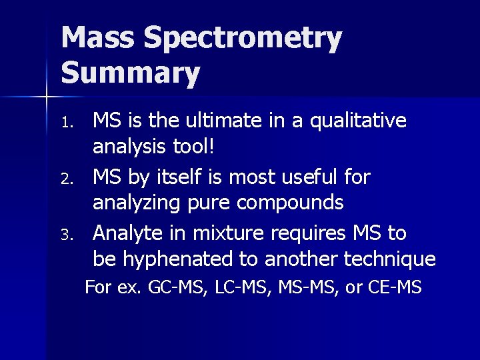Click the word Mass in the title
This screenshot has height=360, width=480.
point(99,40)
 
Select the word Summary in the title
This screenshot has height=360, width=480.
point(131,74)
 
